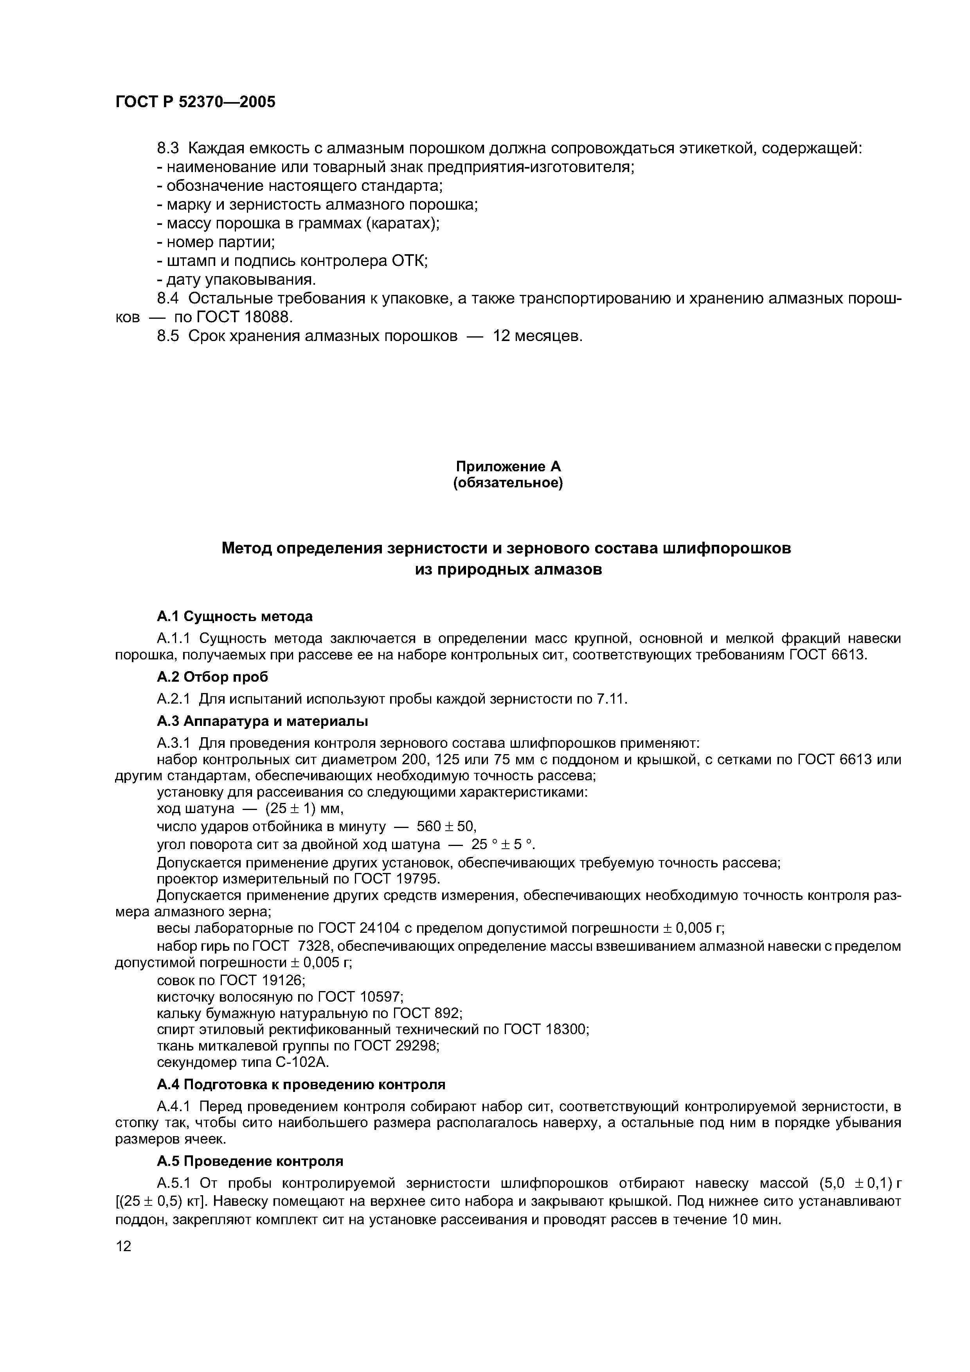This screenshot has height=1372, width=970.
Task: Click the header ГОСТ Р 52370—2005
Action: click(x=195, y=102)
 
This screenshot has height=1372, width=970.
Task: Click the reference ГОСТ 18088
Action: click(x=247, y=317)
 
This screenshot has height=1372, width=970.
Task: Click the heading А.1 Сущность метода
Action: click(x=234, y=616)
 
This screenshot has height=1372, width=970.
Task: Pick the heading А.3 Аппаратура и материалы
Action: click(x=263, y=721)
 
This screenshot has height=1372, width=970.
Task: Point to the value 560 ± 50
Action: click(x=446, y=826)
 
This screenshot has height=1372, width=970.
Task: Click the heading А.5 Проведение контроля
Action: click(x=250, y=1161)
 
